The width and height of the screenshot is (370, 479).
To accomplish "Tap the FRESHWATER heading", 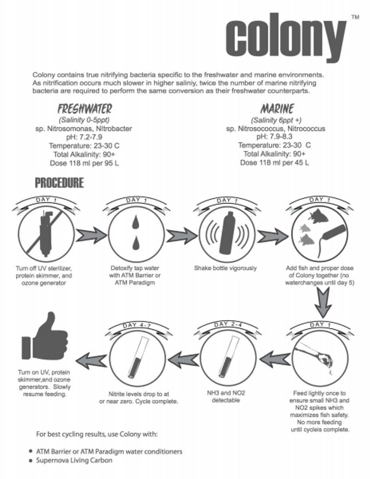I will pos(85,109).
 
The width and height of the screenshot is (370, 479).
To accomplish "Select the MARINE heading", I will pos(277,109).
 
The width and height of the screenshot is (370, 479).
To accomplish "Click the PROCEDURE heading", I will pos(59,183).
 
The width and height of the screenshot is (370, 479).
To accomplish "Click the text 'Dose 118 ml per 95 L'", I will pos(85,163).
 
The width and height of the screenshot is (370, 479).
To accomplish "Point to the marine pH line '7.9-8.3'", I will pos(275,137).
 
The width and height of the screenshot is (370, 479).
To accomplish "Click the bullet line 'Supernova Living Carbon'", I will pos(74,460).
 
